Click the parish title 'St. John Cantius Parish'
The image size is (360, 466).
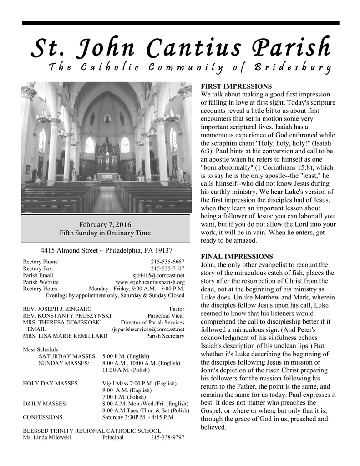[x=180, y=48]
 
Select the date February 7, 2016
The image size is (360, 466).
[x=105, y=224]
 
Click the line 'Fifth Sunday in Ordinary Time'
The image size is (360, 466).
[x=105, y=233]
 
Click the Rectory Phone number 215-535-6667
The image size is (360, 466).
[x=167, y=262]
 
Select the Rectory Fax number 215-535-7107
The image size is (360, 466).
[x=167, y=268]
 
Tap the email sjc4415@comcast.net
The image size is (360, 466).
[x=158, y=275]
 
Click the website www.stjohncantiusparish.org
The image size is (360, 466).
[x=150, y=282]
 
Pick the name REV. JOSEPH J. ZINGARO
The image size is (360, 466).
[x=57, y=309]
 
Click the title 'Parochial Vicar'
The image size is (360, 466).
[x=166, y=316]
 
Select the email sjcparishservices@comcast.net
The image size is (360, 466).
[x=148, y=329]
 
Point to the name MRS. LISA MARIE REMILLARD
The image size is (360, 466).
[x=65, y=336]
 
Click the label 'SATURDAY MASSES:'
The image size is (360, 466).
[x=68, y=356]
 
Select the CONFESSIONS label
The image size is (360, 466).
[x=43, y=417]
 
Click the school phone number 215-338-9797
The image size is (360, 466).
[x=167, y=437]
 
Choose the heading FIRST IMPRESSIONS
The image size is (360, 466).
[x=236, y=86]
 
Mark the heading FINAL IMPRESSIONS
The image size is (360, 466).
[x=237, y=257]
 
